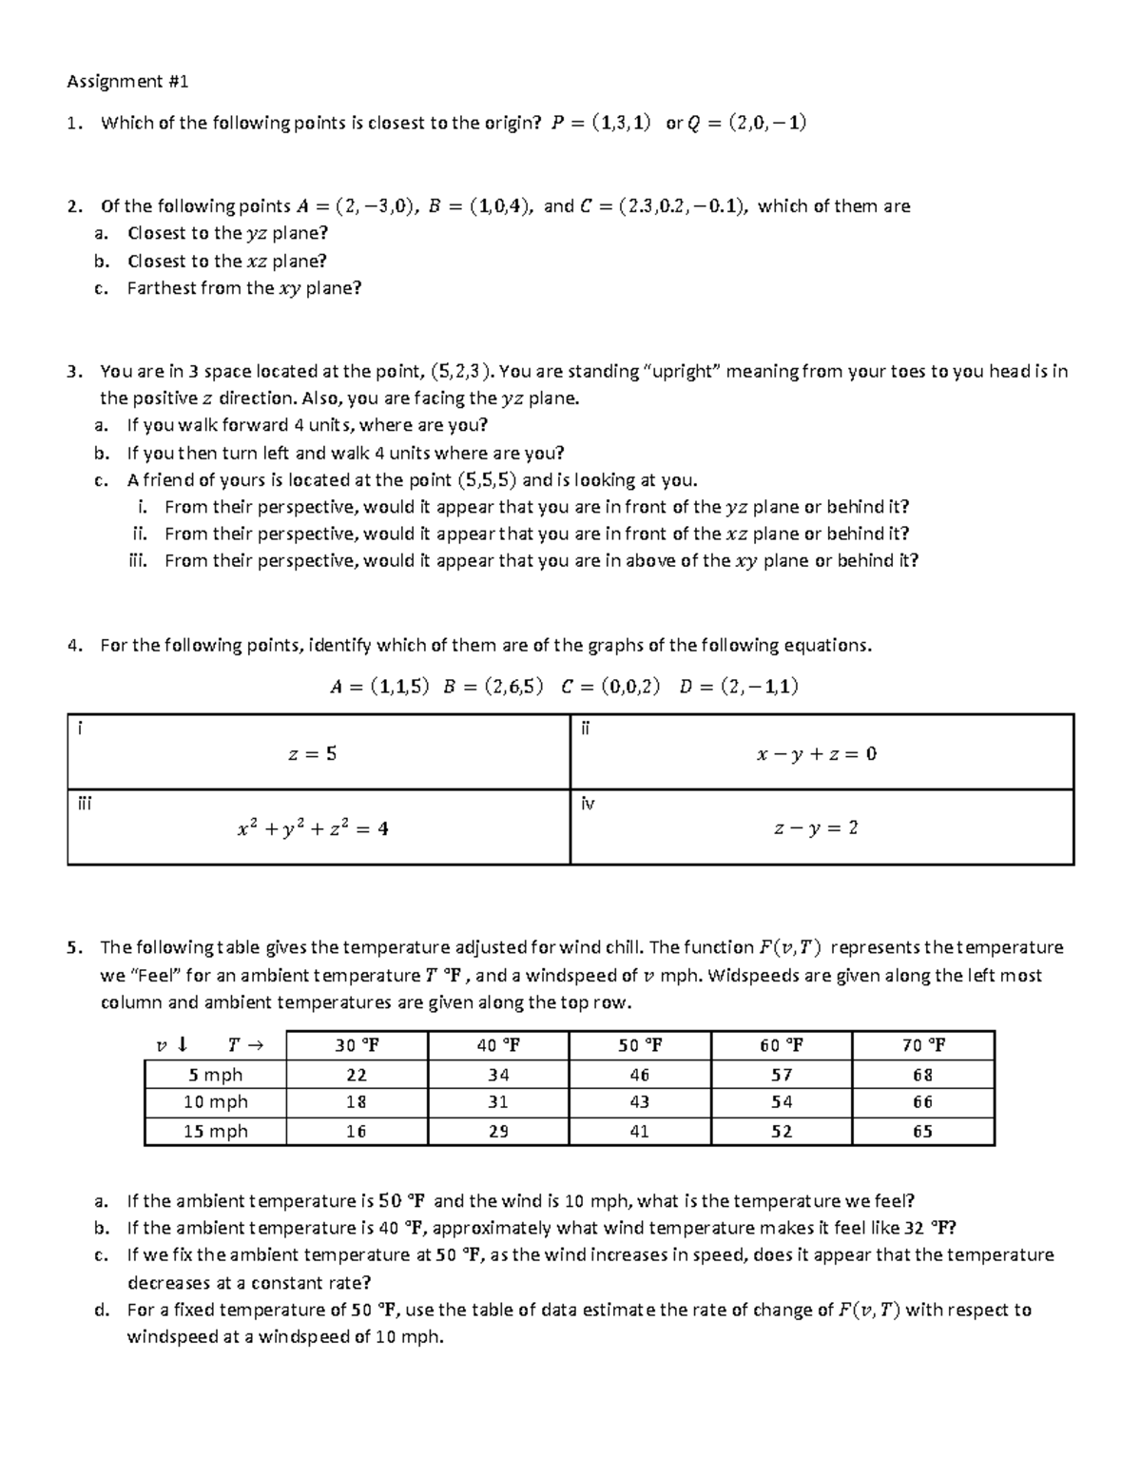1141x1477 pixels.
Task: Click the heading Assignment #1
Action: pyautogui.click(x=127, y=82)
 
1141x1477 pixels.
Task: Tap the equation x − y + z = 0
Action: pyautogui.click(x=816, y=753)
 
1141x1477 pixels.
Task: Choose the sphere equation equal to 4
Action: pyautogui.click(x=312, y=828)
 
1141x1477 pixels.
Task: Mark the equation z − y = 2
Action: pyautogui.click(x=816, y=828)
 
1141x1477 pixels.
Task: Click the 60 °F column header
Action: pyautogui.click(x=781, y=1045)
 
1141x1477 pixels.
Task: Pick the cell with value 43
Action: pyautogui.click(x=639, y=1101)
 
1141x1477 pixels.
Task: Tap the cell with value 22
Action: pyautogui.click(x=357, y=1075)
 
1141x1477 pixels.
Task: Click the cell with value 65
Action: pyautogui.click(x=922, y=1131)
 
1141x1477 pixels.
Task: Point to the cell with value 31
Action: pyautogui.click(x=497, y=1101)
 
